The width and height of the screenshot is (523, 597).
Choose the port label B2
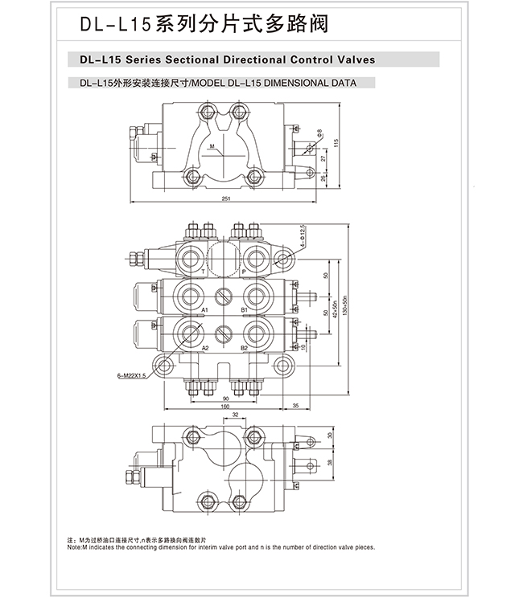click(244, 347)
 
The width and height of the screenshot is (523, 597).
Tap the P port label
click(244, 272)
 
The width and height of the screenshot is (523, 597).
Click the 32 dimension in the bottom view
click(235, 415)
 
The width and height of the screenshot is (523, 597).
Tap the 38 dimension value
click(330, 463)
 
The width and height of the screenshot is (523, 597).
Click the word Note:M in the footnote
click(76, 547)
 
